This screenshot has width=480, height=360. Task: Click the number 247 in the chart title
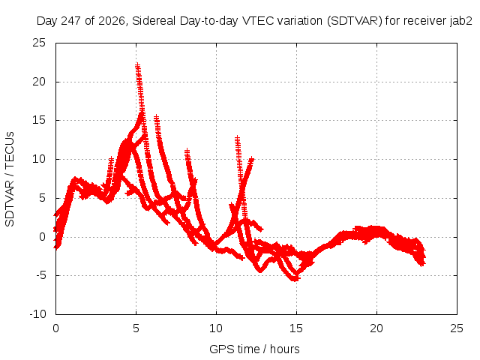coord(71,21)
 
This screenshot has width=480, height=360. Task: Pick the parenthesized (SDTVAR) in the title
coord(355,21)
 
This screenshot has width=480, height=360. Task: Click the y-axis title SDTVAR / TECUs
coord(10,179)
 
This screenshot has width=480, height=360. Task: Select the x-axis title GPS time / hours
coord(254,349)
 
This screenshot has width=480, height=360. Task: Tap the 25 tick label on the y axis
coord(39,43)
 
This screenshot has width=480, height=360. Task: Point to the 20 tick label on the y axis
coord(39,82)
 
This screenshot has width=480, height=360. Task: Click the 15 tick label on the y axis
coord(39,120)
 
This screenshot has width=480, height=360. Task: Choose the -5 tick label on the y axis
coord(41,275)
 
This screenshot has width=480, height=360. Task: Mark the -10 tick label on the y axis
coord(37,314)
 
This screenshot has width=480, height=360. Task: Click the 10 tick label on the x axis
coord(216,328)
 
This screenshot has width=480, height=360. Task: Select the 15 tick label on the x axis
coord(296,328)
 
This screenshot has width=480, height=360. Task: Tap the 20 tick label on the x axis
coord(376,328)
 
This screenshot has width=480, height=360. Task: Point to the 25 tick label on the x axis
coord(457,328)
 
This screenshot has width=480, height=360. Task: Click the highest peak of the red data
coord(137,64)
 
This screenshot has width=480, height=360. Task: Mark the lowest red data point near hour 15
coord(295,279)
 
